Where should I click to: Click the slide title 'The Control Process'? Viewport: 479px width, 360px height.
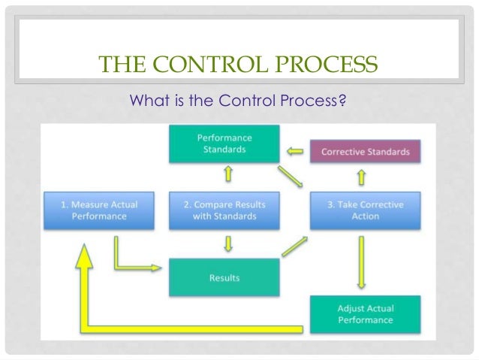tap(239, 67)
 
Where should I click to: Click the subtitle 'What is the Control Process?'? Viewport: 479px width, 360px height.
tap(239, 98)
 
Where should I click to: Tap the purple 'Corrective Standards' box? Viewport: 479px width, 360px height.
tap(365, 152)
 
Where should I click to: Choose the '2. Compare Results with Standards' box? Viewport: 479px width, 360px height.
tap(224, 210)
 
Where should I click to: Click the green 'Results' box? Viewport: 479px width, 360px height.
tap(224, 277)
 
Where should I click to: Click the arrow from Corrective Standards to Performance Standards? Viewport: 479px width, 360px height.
tap(296, 152)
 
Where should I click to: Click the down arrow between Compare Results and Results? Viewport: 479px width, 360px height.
tap(224, 244)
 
